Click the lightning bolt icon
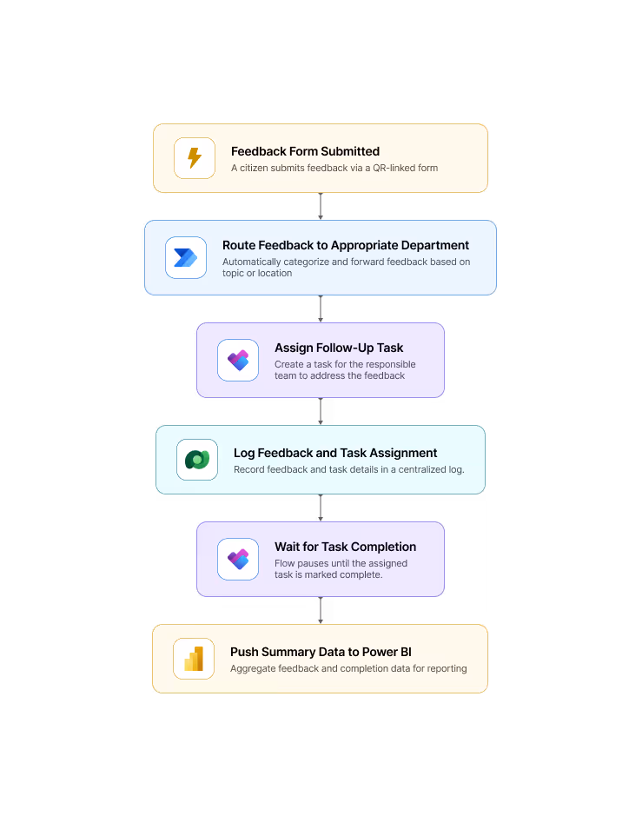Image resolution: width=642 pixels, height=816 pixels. (x=195, y=158)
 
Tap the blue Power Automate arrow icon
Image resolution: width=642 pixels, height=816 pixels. (x=186, y=257)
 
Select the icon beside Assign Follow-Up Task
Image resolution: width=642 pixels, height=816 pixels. (x=238, y=360)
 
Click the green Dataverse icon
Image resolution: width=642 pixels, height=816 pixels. (x=197, y=460)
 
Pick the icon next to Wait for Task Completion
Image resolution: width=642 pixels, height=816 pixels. (x=238, y=559)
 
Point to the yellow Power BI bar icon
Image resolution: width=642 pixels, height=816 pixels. (x=194, y=659)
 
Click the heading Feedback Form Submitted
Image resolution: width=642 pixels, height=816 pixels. (x=305, y=151)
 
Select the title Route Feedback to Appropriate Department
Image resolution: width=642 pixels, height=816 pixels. (x=346, y=245)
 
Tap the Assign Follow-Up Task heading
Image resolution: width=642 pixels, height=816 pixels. (x=339, y=348)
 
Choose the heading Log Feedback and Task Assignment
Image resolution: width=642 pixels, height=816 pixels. (x=335, y=453)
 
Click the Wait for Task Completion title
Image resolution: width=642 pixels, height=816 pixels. (x=345, y=547)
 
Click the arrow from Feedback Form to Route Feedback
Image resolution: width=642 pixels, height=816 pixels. (x=321, y=206)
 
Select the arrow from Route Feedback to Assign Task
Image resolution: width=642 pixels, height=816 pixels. (x=321, y=308)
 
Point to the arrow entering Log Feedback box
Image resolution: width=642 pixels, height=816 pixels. (x=321, y=411)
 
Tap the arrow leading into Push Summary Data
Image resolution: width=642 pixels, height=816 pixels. (x=321, y=610)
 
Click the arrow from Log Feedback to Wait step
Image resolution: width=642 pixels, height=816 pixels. (x=321, y=508)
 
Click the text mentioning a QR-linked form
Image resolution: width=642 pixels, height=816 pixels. (x=334, y=168)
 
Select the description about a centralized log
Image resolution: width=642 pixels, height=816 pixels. (x=348, y=469)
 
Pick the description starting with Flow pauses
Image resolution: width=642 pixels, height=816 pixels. (x=341, y=568)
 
